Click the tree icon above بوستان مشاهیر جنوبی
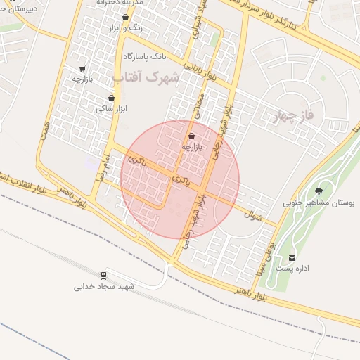[319, 191]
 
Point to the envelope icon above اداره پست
[292, 258]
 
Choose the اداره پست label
[293, 269]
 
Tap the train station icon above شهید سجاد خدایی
[104, 275]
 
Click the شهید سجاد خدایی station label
[106, 287]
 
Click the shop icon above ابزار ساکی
[111, 98]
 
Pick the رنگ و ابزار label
[124, 29]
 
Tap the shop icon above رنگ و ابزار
[125, 18]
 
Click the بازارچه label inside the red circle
[192, 147]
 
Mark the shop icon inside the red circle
[193, 136]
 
